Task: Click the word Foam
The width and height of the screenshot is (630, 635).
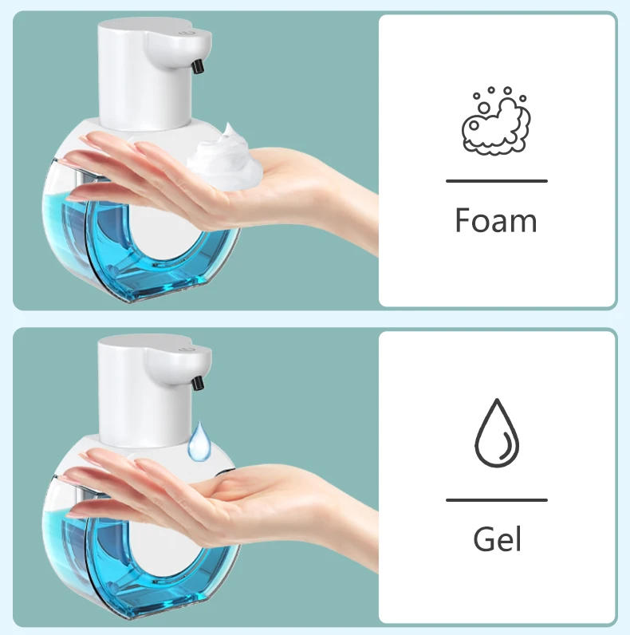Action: tap(496, 220)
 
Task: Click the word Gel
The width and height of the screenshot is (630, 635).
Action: tap(497, 539)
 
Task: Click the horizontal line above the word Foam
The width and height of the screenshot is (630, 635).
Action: tap(496, 181)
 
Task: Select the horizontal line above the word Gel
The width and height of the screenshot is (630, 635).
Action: tap(496, 500)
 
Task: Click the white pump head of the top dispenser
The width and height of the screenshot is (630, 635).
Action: tap(144, 72)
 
